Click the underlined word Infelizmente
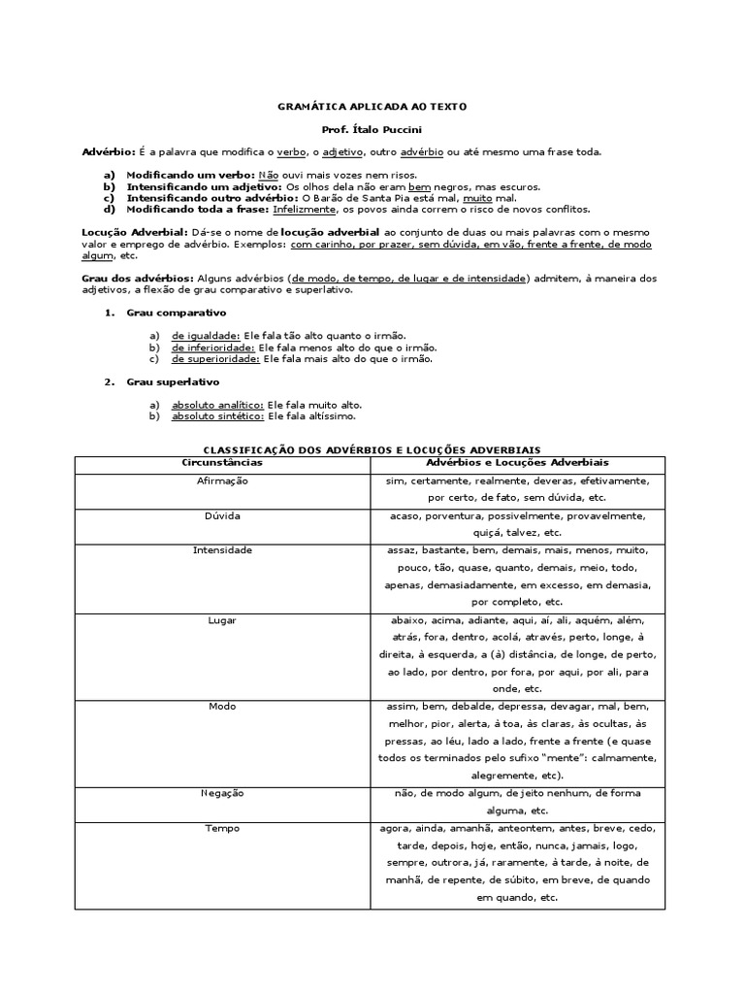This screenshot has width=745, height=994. tap(304, 209)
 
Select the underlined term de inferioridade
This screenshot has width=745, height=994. tap(212, 347)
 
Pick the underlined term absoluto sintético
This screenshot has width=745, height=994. tap(217, 416)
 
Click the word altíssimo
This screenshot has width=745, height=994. tap(327, 416)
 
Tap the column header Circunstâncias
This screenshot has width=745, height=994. tap(222, 463)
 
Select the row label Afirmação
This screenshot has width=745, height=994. tap(222, 480)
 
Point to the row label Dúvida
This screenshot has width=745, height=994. tap(222, 515)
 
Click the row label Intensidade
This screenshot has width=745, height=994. tap(222, 550)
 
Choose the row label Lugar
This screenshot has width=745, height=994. tap(222, 619)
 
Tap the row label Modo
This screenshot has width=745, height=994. tap(222, 706)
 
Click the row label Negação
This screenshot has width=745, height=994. tap(222, 793)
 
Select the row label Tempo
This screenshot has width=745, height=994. tap(222, 828)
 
